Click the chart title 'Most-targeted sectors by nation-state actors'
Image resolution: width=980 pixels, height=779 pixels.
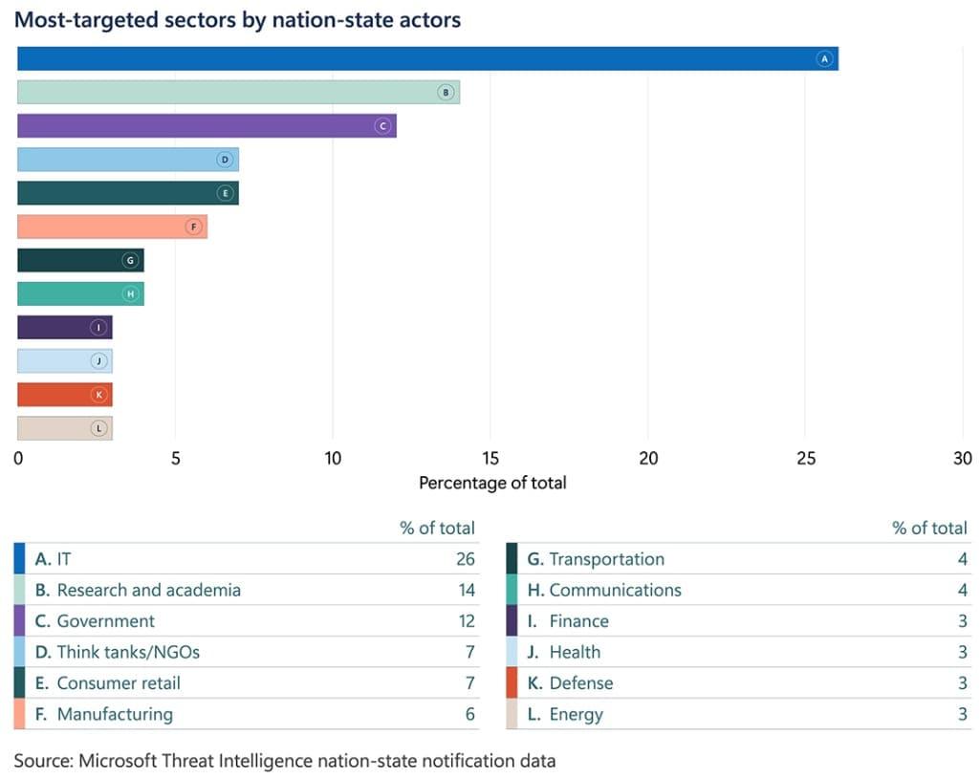[237, 19]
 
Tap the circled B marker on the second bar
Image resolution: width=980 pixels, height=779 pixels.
[445, 93]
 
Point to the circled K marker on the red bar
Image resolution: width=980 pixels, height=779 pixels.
[98, 395]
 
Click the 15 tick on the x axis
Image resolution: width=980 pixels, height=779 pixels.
[490, 458]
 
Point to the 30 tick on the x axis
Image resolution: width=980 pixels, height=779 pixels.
[963, 458]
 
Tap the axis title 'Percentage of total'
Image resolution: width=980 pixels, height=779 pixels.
[492, 483]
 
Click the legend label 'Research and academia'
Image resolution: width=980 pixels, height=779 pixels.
[148, 590]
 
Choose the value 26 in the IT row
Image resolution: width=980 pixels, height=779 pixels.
[465, 559]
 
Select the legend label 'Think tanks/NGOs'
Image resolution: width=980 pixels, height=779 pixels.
[128, 652]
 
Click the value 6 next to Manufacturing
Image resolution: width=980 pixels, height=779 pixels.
[469, 714]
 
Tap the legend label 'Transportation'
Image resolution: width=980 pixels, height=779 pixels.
[606, 559]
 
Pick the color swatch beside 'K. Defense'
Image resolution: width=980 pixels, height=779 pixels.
[512, 682]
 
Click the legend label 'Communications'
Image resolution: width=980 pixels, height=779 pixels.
[615, 590]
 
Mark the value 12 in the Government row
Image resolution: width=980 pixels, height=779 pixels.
[466, 621]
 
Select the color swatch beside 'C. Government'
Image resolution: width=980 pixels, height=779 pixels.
[20, 621]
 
